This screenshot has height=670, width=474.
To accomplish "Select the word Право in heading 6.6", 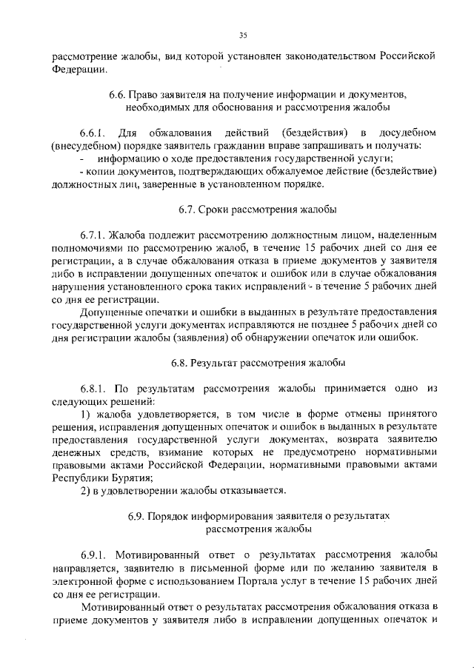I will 144,96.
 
